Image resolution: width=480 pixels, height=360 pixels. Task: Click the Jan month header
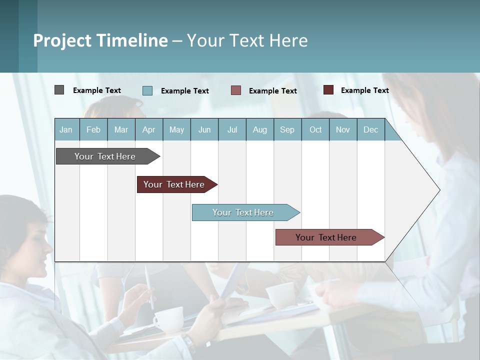tap(66, 129)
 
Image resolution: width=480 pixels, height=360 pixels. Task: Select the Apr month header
tap(149, 129)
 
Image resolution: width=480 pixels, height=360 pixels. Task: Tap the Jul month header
tap(232, 129)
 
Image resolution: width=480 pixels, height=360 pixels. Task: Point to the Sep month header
tap(287, 129)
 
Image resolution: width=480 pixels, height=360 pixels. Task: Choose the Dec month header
tap(370, 129)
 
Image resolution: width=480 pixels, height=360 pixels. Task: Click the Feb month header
tap(93, 129)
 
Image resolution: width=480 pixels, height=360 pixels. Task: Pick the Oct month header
tap(315, 129)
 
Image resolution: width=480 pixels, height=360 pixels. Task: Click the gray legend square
tap(59, 90)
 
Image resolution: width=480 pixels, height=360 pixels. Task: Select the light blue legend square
tap(147, 90)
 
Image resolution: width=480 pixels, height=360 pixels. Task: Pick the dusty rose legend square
tap(236, 90)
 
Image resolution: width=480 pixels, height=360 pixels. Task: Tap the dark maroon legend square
tap(328, 90)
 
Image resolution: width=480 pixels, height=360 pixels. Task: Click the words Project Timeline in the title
tap(100, 40)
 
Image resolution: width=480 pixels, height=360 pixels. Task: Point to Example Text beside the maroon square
tap(364, 90)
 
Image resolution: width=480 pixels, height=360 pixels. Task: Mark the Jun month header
tap(204, 129)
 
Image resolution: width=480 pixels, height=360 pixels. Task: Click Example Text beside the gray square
tap(96, 90)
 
